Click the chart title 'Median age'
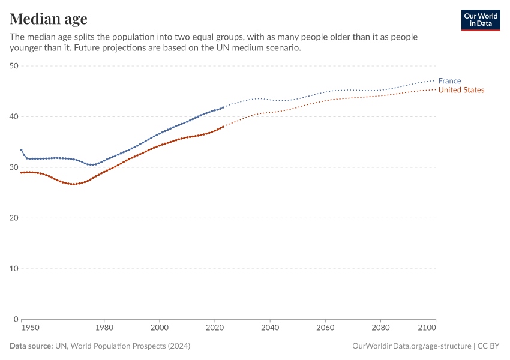tap(49, 19)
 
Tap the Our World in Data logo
tap(480, 20)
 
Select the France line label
tap(449, 81)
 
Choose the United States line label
tap(461, 90)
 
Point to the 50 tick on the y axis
tap(14, 65)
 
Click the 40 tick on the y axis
tap(14, 116)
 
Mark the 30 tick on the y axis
tap(14, 167)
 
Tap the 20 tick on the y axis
tap(14, 218)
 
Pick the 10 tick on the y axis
tap(14, 268)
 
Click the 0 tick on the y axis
tap(16, 319)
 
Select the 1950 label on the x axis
tap(31, 329)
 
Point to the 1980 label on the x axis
tap(104, 329)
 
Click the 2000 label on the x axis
tap(159, 329)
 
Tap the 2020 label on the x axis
tap(214, 329)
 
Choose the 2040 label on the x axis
tap(270, 329)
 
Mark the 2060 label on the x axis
tap(325, 329)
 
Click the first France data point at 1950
tap(22, 150)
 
